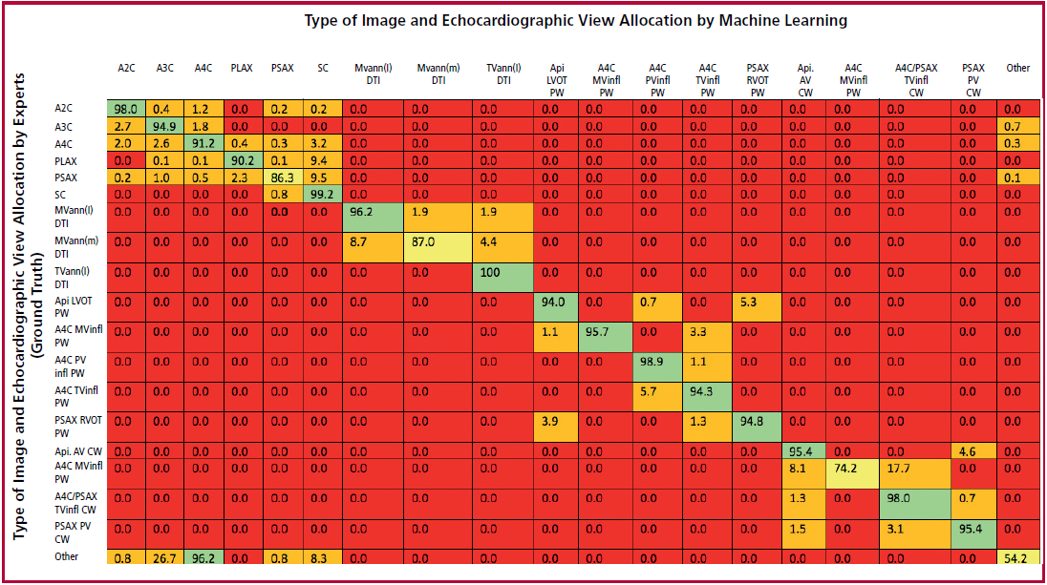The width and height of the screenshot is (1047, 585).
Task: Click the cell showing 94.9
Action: pyautogui.click(x=164, y=127)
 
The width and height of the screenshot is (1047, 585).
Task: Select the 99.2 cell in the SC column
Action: pyautogui.click(x=323, y=194)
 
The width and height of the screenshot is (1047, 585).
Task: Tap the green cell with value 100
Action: pyautogui.click(x=502, y=278)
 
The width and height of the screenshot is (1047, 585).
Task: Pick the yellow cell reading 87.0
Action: pyautogui.click(x=438, y=248)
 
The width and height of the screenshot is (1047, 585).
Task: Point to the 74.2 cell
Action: pyautogui.click(x=853, y=473)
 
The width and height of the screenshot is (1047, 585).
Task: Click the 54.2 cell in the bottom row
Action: pyautogui.click(x=1018, y=557)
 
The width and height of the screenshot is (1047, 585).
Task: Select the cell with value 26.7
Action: pyautogui.click(x=164, y=557)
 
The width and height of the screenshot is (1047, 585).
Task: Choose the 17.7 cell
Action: pyautogui.click(x=915, y=473)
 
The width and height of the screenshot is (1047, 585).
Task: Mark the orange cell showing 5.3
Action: pyautogui.click(x=757, y=307)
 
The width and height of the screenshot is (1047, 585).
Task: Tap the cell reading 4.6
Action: pyautogui.click(x=973, y=451)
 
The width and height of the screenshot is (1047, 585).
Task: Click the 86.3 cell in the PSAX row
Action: pyautogui.click(x=283, y=178)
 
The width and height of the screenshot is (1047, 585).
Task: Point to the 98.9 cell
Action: pyautogui.click(x=657, y=367)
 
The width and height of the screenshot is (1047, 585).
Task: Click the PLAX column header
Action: pyautogui.click(x=241, y=68)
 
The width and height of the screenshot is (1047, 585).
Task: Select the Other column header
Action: pyautogui.click(x=1017, y=68)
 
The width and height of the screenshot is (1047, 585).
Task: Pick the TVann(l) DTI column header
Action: pyautogui.click(x=503, y=74)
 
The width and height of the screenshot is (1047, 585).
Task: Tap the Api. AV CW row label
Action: pyautogui.click(x=78, y=451)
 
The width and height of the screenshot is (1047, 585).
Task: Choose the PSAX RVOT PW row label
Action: pyautogui.click(x=78, y=427)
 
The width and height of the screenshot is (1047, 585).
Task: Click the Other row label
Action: pyautogui.click(x=66, y=556)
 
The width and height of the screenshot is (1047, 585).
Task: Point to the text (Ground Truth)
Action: pyautogui.click(x=36, y=304)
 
